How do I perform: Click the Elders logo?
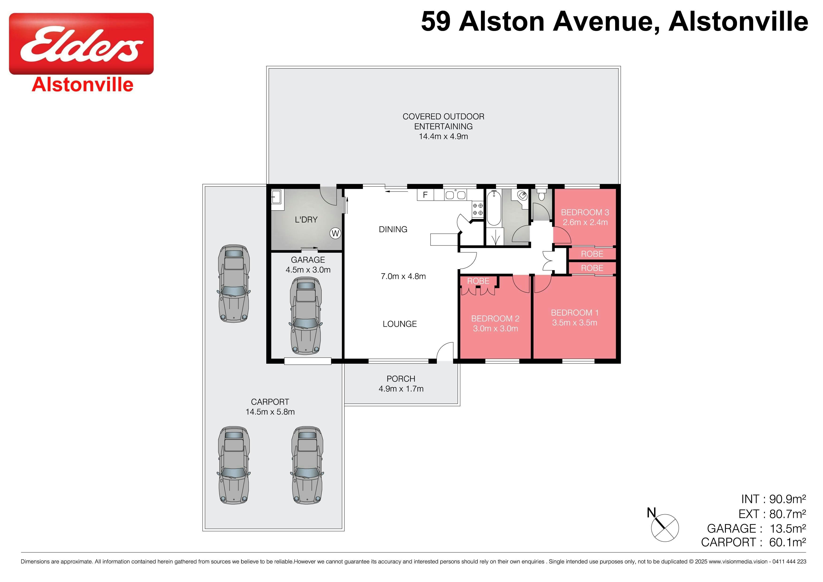pos(81,44)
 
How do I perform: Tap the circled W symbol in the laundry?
pos(335,234)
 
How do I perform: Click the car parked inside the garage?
pos(305,315)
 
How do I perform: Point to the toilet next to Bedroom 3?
pos(541,195)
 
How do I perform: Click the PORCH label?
pos(401,379)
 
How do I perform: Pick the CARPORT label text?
pos(270,402)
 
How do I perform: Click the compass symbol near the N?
pos(665,528)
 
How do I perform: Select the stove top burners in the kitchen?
pos(477,209)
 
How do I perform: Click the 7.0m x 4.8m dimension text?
pos(403,276)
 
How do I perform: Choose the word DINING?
pos(393,229)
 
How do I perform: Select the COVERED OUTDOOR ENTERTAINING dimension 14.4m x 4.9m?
pos(443,136)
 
